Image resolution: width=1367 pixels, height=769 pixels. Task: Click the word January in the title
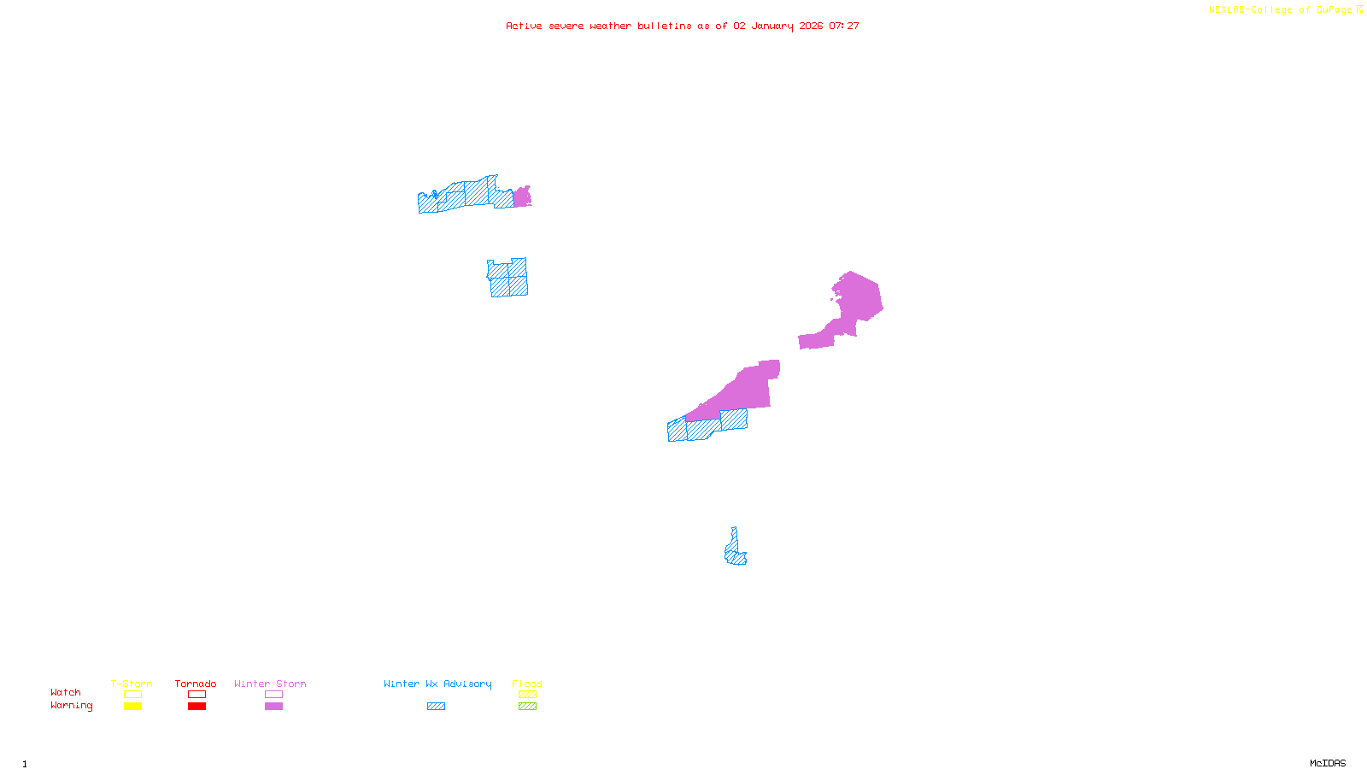[772, 26]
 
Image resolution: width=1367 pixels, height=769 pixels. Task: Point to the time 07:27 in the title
[844, 26]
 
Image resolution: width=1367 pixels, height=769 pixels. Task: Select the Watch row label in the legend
[66, 692]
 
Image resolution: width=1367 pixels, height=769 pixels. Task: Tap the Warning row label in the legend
[71, 706]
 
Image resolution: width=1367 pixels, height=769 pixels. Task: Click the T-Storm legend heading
[132, 684]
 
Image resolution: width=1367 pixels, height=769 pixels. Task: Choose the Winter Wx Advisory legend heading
[437, 684]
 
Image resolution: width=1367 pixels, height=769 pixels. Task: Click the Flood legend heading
[527, 684]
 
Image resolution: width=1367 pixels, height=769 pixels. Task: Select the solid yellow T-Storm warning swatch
[132, 707]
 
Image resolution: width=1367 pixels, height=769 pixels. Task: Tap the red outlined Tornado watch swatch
[197, 695]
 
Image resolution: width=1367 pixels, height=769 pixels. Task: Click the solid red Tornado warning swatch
[197, 707]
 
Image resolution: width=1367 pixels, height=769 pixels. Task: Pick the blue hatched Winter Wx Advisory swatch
[436, 707]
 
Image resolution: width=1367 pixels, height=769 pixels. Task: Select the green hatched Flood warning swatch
[527, 707]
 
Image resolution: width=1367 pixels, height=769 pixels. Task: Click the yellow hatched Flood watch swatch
[527, 695]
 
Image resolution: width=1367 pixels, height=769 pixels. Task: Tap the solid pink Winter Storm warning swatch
[273, 707]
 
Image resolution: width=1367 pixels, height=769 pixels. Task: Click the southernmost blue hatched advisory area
[734, 552]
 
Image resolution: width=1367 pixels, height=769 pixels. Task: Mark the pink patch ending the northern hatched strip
[521, 197]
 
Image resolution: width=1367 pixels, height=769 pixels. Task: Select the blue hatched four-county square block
[508, 278]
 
